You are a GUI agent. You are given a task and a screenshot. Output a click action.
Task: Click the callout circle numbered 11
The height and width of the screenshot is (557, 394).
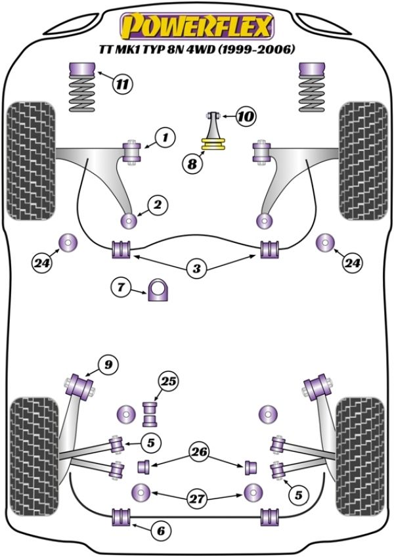pyautogui.click(x=121, y=83)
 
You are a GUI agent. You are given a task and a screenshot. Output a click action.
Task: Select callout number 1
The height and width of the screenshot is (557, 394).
pyautogui.click(x=165, y=137)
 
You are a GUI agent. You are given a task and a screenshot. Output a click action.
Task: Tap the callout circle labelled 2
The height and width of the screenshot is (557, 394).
pyautogui.click(x=157, y=206)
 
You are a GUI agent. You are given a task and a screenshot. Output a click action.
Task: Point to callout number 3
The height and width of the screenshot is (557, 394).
pyautogui.click(x=196, y=268)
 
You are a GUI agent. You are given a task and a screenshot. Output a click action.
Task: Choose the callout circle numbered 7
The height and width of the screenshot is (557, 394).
pyautogui.click(x=121, y=286)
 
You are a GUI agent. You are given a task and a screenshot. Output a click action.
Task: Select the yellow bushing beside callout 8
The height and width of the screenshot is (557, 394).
pyautogui.click(x=212, y=144)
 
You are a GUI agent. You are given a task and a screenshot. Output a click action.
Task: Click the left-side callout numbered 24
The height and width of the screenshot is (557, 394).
pyautogui.click(x=40, y=263)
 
